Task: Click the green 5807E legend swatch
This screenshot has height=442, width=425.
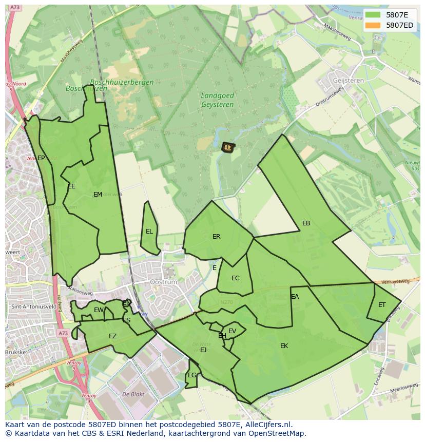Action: [373, 15]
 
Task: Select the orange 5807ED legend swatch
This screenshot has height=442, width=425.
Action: [373, 25]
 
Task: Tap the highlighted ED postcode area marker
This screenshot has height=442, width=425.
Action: [227, 148]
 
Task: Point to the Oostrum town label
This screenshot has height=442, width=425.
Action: [163, 282]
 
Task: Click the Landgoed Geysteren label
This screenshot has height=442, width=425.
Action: [217, 100]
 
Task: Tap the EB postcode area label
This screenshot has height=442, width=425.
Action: [306, 223]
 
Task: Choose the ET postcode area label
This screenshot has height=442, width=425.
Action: [382, 305]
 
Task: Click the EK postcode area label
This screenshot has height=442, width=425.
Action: [284, 346]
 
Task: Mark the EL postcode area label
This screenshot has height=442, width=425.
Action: [149, 232]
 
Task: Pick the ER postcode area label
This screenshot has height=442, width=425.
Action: [216, 237]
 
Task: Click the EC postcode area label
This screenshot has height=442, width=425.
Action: [235, 278]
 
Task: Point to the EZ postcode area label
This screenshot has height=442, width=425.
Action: [112, 336]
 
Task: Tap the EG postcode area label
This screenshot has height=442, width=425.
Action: [191, 375]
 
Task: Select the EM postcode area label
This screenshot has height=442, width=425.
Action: [98, 194]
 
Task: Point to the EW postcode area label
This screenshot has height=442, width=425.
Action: [99, 310]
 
